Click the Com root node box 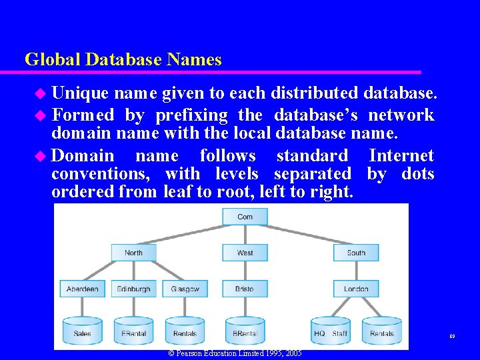[245, 217]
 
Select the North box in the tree [133, 253]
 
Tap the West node [245, 253]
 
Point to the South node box [356, 253]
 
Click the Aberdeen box [82, 289]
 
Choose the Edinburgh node [133, 289]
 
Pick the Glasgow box [185, 289]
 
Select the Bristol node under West [245, 289]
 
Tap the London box [356, 289]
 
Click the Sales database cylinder [82, 331]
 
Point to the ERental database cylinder [133, 331]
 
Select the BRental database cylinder [245, 331]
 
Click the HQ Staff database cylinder [331, 331]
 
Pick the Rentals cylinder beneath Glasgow [185, 331]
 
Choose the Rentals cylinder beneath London [382, 331]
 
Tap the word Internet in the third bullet [401, 156]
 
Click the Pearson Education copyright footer [235, 353]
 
